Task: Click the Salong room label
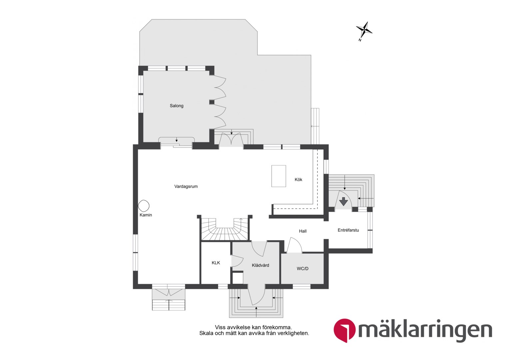tap(177, 106)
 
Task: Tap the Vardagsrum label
tap(186, 186)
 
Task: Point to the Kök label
tap(298, 179)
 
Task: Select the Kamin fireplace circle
tap(144, 206)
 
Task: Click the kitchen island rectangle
tap(278, 176)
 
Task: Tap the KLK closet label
tap(216, 263)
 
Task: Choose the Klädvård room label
tap(260, 265)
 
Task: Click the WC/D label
tap(302, 269)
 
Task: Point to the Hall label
tap(303, 231)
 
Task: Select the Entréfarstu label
tap(348, 230)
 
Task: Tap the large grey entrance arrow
tap(343, 202)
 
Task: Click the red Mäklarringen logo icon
tap(344, 330)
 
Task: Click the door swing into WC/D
tap(294, 245)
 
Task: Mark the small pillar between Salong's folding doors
tap(212, 102)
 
